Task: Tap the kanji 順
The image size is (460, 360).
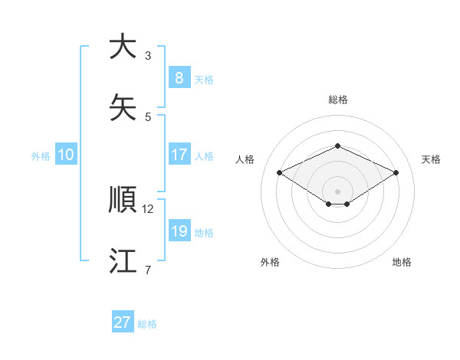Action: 123,200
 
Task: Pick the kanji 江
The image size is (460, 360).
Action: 123,261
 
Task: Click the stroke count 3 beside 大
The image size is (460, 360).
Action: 148,56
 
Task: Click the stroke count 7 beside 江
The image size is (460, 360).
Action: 148,270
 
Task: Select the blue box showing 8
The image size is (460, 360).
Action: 179,77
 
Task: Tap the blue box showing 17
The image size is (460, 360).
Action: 179,155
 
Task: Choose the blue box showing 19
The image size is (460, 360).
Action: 179,231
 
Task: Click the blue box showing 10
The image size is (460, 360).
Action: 66,155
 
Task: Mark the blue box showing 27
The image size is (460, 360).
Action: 123,322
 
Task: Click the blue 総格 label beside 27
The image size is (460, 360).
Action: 147,324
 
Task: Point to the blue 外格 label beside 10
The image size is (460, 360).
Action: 41,156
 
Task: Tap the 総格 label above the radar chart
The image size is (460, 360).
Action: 338,100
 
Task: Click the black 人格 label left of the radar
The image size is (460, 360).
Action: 245,159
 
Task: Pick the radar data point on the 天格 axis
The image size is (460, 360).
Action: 396,173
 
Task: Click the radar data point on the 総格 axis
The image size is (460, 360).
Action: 337,146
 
